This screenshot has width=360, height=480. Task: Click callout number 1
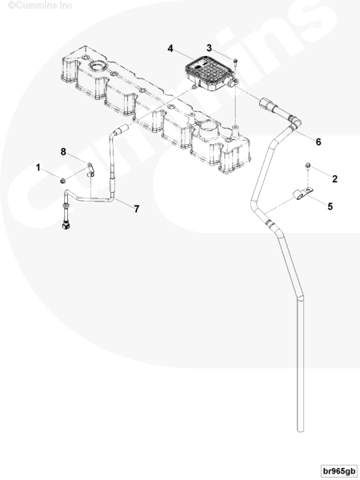pos(38,167)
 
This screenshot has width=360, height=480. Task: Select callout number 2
pos(334,178)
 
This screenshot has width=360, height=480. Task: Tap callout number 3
pos(209,48)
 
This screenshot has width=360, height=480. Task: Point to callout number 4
pos(170,49)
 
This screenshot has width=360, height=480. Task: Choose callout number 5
pos(330,206)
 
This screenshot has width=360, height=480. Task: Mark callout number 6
pos(318,142)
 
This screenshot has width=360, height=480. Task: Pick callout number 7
pos(137,209)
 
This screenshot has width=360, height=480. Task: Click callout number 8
pos(63,151)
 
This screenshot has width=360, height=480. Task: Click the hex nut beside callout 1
pos(62,181)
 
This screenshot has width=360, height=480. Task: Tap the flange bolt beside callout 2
pos(307,166)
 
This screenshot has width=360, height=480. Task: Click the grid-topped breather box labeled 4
pos(206,74)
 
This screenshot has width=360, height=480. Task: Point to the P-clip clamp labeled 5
pos(302,194)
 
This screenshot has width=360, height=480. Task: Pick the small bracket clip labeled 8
pos(90,170)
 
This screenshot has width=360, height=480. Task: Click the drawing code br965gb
pos(339,471)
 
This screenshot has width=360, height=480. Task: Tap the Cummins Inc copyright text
pos(40,6)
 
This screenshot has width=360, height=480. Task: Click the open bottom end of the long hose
pos(301,430)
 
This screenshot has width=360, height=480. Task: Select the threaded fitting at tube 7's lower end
pos(66,217)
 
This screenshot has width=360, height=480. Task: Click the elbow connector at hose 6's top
pos(295,122)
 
